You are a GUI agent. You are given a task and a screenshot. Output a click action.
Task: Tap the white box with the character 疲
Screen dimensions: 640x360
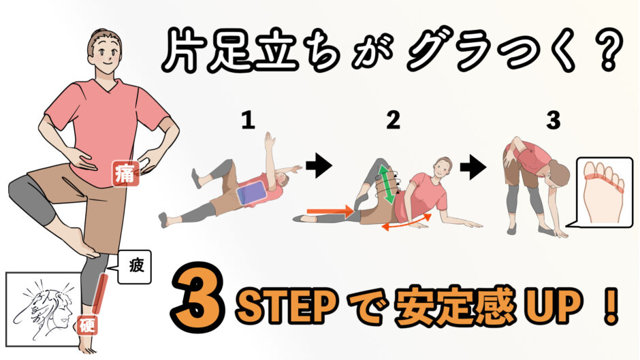pos(134,267)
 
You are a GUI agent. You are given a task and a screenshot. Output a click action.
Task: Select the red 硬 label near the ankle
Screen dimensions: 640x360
pos(88,325)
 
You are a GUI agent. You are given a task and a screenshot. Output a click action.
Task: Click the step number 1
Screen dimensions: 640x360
pos(248,120)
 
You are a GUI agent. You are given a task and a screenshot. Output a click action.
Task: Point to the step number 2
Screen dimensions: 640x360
pos(393,120)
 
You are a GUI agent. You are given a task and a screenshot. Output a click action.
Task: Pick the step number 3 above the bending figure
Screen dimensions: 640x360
pos(554,120)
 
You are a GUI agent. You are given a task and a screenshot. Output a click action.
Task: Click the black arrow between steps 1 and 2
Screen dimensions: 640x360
pos(319,167)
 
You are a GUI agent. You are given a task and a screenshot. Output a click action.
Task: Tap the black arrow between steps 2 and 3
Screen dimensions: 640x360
pos(473,167)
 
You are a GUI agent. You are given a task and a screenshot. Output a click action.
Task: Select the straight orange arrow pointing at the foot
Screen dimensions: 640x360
pos(330,211)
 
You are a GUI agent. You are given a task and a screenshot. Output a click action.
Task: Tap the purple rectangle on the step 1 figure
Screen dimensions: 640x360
pos(252,193)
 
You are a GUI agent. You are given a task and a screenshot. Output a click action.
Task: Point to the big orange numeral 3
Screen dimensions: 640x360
pos(199,296)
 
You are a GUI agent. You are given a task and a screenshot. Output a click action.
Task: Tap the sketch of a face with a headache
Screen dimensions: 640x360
pos(44,309)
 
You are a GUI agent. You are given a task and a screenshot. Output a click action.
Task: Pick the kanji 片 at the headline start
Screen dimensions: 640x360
pos(182,52)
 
